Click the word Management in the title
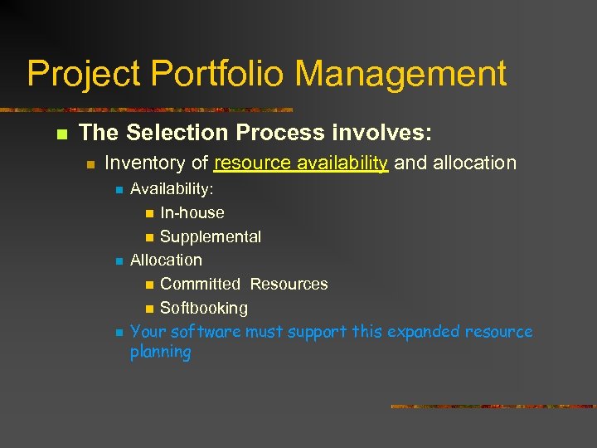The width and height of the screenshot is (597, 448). pos(400,73)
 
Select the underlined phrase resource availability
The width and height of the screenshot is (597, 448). pos(300,163)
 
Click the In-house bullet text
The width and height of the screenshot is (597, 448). pos(192,212)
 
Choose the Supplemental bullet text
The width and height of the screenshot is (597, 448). pos(210,236)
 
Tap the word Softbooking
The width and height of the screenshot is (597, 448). pos(203,308)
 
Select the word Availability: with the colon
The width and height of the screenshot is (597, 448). pos(172,189)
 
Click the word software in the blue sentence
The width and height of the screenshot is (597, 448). pos(207,332)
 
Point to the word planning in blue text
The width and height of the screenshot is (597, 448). pos(160,353)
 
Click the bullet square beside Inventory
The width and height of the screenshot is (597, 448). pos(91,163)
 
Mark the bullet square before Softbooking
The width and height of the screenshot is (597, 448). pos(148,309)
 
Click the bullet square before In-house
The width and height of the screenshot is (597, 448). pos(148,213)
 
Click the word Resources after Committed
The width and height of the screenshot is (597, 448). pos(289,284)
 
